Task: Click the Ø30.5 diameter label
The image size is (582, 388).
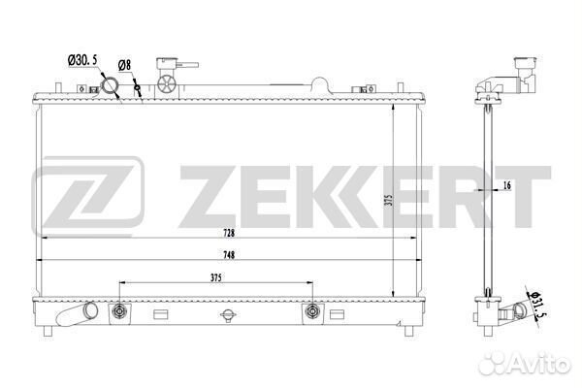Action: click(82, 60)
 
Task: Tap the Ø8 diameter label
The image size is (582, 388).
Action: click(125, 65)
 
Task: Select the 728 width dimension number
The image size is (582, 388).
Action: click(229, 233)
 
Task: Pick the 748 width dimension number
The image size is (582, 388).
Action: click(229, 255)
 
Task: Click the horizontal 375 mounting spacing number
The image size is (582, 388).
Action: click(215, 277)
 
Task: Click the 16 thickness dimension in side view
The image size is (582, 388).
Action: click(507, 185)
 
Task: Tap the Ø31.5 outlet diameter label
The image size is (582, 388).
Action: click(537, 306)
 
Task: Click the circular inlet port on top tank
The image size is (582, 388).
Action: click(110, 86)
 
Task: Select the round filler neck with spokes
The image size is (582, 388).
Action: click(166, 84)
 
